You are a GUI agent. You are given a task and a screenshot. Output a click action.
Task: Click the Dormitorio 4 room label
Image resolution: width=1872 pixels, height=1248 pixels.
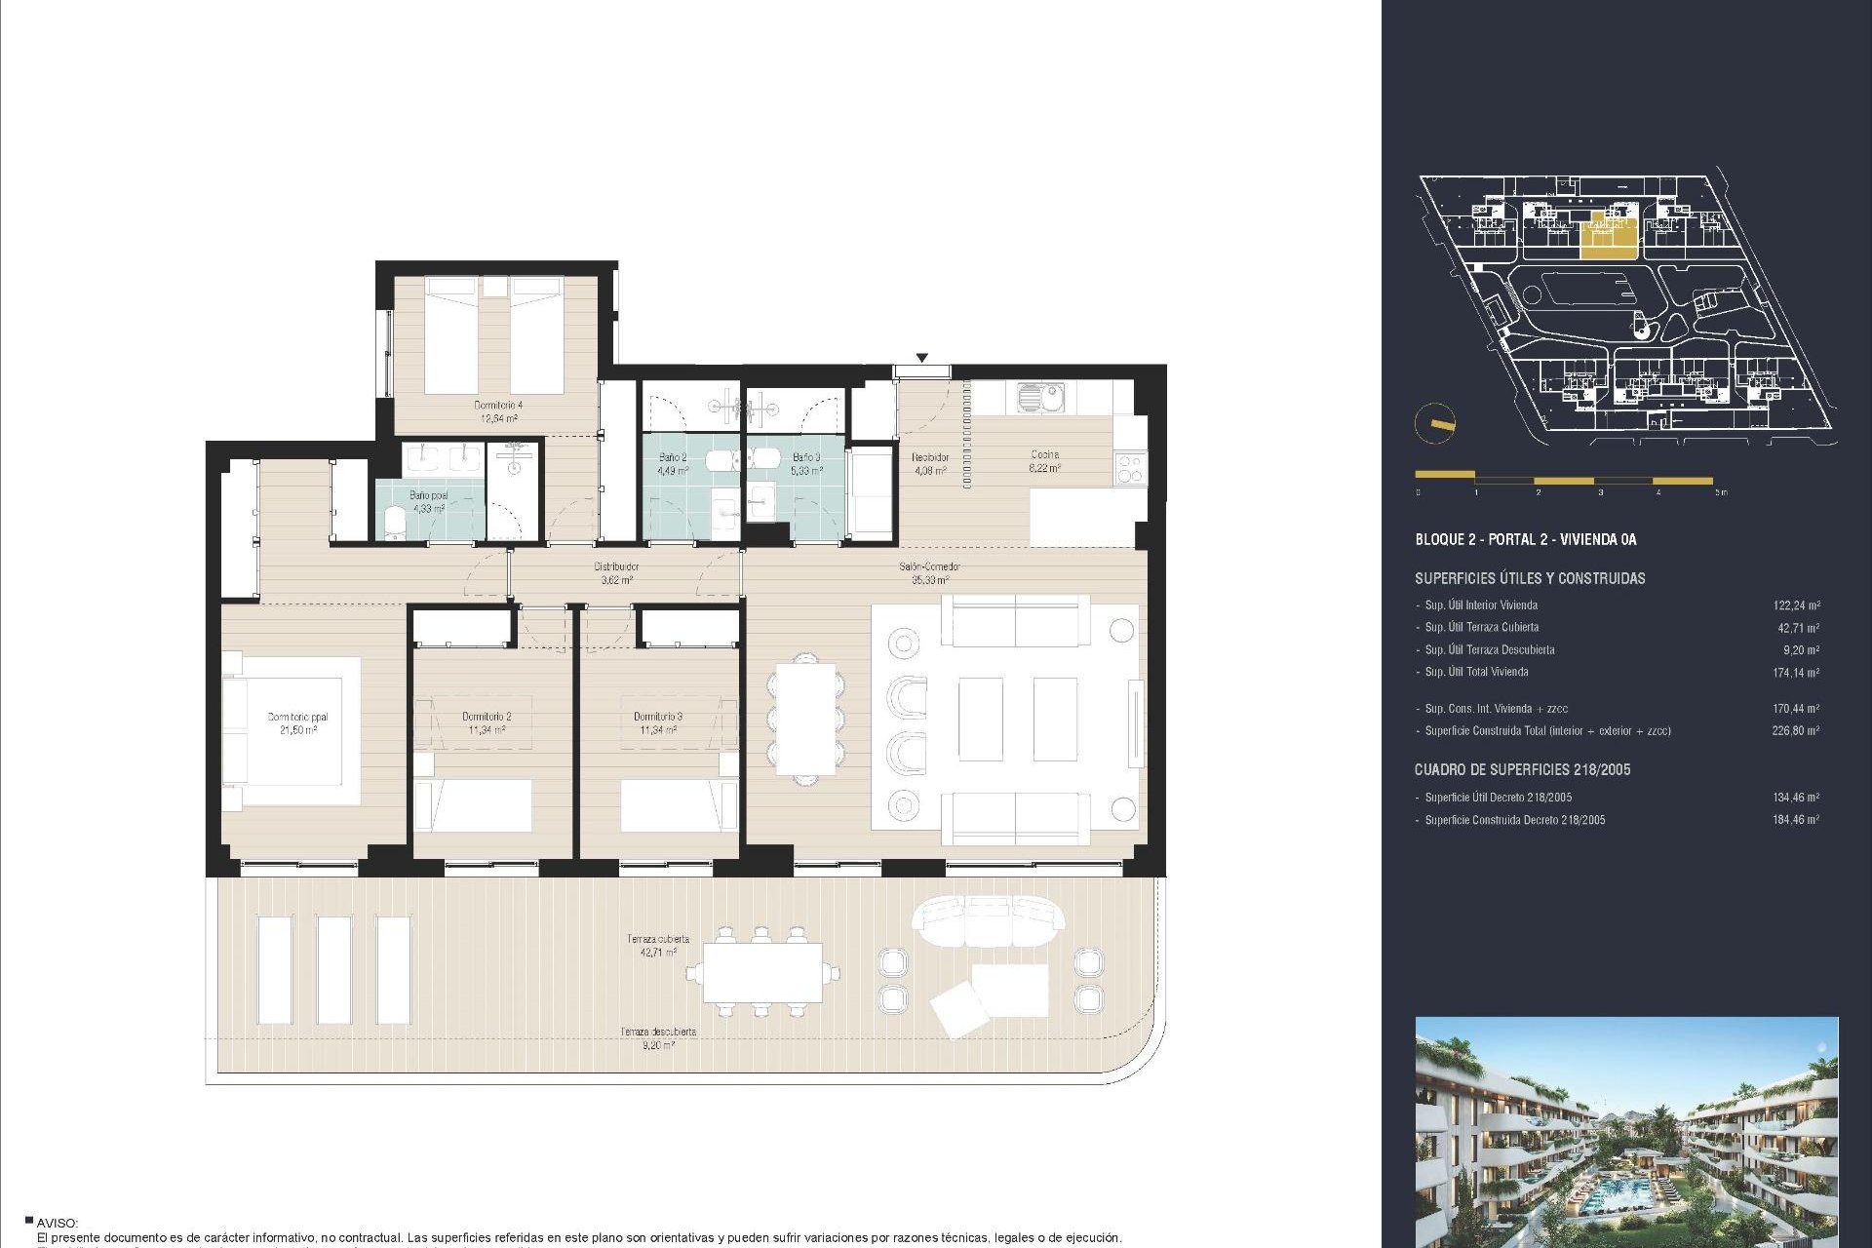tap(498, 411)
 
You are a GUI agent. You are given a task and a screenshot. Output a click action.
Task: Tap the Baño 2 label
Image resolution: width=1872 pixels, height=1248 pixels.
tap(673, 463)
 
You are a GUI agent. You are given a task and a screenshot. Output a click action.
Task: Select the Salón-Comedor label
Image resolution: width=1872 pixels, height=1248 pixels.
tap(929, 572)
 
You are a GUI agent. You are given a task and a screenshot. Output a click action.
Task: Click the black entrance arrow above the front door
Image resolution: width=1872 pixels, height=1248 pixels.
tap(921, 358)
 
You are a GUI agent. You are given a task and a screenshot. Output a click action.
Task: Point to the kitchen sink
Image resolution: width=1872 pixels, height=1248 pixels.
tap(1040, 397)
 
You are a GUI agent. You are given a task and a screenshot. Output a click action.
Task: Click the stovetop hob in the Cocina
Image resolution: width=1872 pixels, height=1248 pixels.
tap(1130, 468)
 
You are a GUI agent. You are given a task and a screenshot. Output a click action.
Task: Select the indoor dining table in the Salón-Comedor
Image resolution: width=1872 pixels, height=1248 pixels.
tap(806, 720)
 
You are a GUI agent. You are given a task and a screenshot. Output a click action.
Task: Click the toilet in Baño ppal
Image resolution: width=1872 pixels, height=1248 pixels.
tap(396, 524)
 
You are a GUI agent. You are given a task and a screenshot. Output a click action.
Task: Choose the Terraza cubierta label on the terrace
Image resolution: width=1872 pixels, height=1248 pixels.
tap(658, 945)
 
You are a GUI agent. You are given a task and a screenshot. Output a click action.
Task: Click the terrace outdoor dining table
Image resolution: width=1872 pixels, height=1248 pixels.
tap(762, 972)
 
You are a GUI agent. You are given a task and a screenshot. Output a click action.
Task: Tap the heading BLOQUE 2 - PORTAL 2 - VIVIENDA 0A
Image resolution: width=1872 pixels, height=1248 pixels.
tap(1526, 539)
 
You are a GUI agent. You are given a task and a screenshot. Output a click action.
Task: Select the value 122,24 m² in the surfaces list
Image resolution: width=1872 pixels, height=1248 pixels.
tap(1795, 605)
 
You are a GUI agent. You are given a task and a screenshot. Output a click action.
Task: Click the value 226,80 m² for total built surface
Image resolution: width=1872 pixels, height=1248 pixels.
tap(1795, 730)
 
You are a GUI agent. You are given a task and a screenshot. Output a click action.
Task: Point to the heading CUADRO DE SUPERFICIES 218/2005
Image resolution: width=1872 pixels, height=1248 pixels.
tap(1522, 769)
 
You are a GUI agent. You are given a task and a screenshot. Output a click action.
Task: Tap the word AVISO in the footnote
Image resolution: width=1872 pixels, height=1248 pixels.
tap(57, 1223)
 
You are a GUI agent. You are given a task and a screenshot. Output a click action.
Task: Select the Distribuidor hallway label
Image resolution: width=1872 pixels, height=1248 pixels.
tap(616, 572)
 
